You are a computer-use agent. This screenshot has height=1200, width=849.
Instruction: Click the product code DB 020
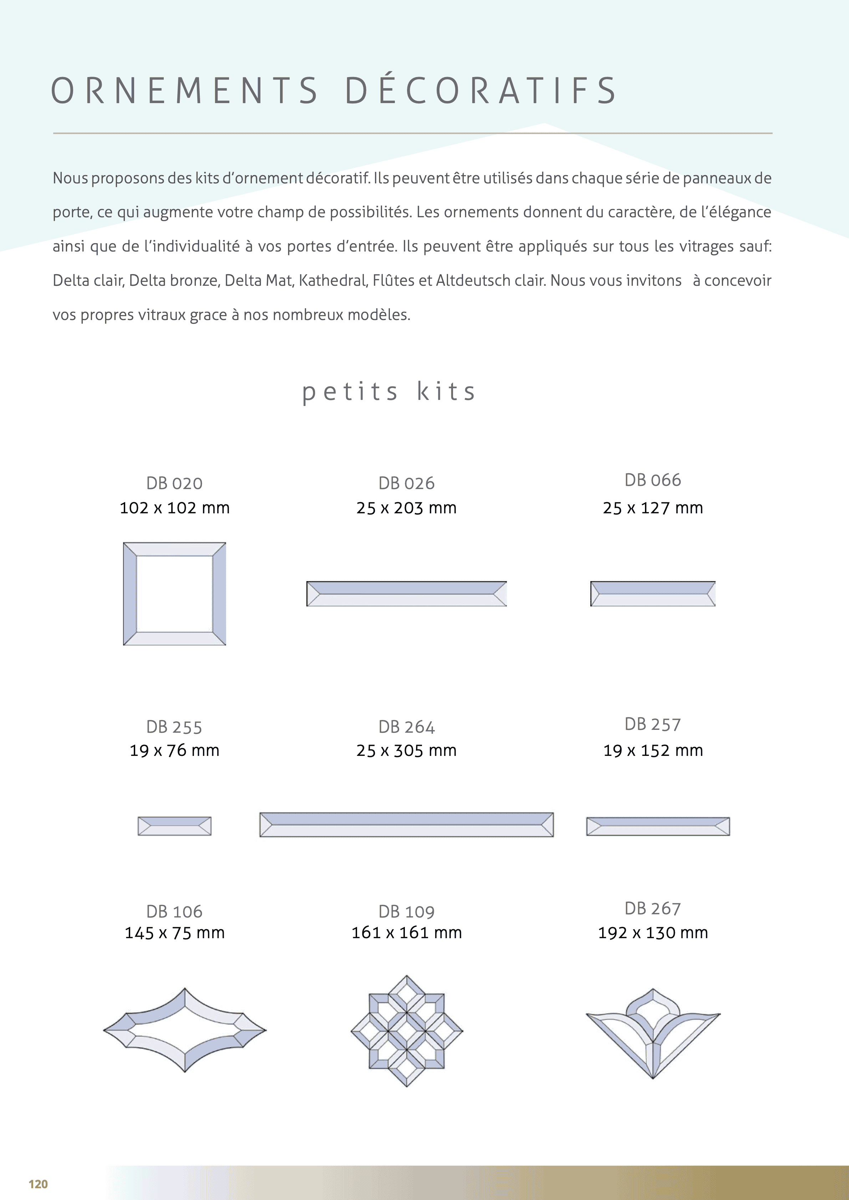(x=174, y=483)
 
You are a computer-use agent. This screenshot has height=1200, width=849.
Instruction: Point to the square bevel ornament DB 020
(x=174, y=594)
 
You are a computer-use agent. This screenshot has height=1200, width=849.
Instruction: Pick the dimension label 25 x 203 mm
(x=406, y=508)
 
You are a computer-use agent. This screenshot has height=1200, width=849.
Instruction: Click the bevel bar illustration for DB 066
(x=652, y=594)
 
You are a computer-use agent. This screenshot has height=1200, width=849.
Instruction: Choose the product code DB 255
(x=174, y=727)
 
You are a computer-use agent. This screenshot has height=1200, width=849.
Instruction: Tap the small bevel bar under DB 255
(x=174, y=826)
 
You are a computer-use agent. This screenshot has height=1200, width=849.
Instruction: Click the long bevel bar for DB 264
(x=406, y=825)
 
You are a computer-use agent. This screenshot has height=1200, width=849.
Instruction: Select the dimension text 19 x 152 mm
(x=653, y=751)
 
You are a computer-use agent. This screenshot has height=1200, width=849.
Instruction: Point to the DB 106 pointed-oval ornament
(x=185, y=1030)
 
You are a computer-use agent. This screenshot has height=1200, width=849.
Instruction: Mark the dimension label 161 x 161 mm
(x=406, y=932)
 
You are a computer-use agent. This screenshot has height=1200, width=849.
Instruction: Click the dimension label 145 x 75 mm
(x=174, y=932)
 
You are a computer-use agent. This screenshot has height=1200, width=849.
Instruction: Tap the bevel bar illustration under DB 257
(x=658, y=826)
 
